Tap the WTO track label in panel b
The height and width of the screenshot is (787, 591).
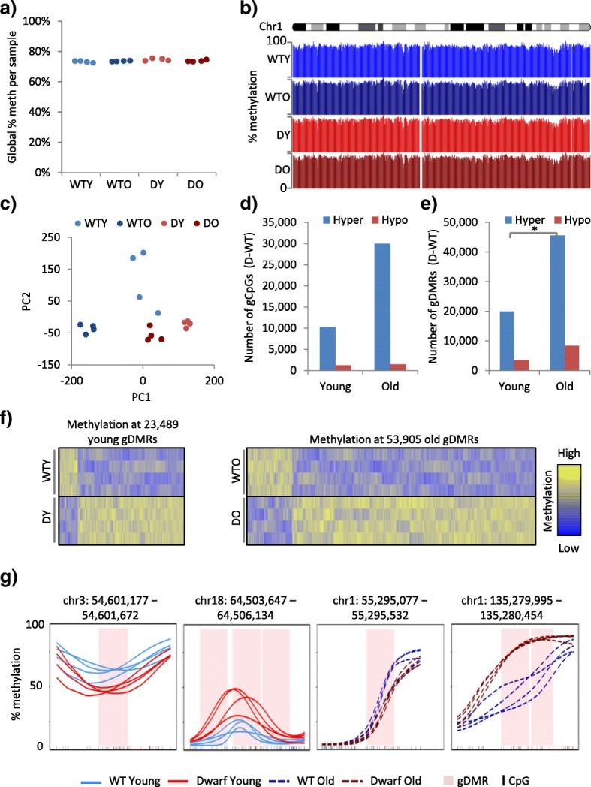[276, 98]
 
